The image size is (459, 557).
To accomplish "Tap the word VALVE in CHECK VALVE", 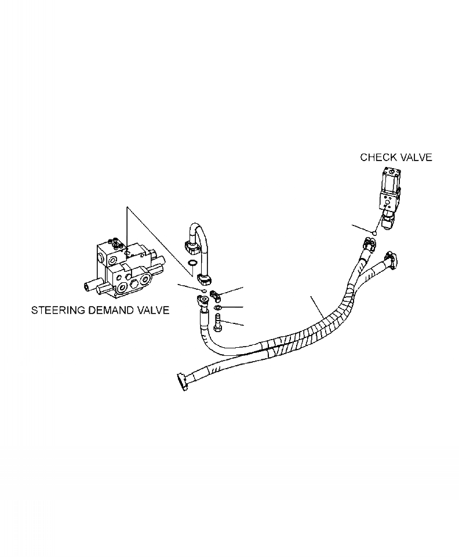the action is click(x=414, y=157).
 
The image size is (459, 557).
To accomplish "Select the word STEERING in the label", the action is click(x=56, y=310).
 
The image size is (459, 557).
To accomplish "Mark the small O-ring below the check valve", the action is click(x=374, y=234).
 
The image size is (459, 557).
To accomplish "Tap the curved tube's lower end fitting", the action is click(x=203, y=277).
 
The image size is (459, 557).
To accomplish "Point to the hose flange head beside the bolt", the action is click(x=202, y=301).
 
